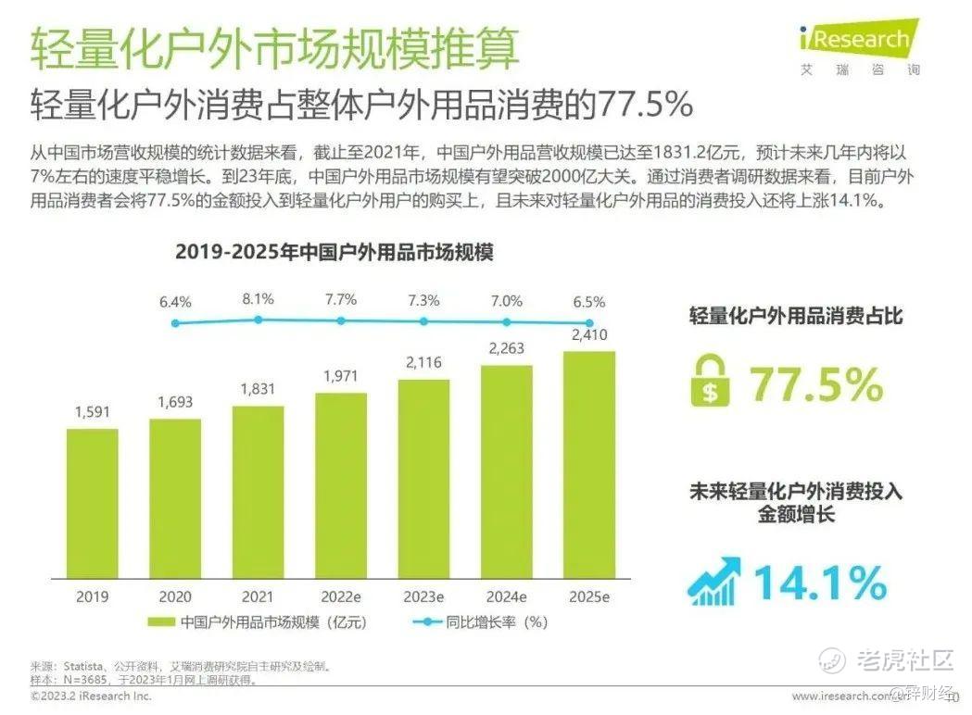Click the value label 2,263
tap(506, 350)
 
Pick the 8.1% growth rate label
tap(258, 300)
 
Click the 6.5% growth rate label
tap(588, 302)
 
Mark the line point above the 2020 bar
tap(175, 323)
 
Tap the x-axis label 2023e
tap(423, 596)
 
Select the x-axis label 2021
tap(258, 596)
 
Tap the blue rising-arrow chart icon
tap(713, 580)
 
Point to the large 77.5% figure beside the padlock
tap(815, 383)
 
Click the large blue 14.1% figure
tap(819, 582)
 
